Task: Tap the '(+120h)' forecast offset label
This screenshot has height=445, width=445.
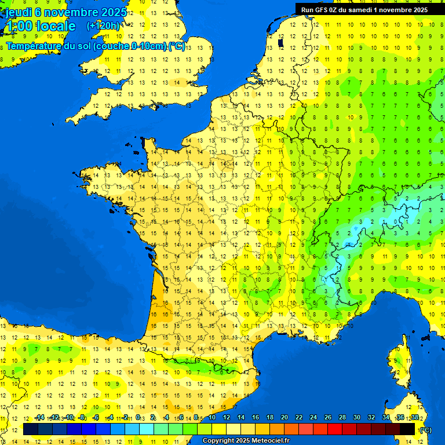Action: (x=103, y=25)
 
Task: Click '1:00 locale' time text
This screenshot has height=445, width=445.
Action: (x=41, y=26)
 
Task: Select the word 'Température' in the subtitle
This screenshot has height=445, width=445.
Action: (x=35, y=46)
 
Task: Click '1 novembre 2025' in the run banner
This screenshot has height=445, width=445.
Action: (x=399, y=9)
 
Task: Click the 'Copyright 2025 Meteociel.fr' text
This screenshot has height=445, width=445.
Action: (x=246, y=440)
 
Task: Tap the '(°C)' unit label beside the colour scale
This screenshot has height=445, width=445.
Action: (x=425, y=429)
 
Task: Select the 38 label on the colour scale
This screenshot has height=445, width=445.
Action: (x=415, y=417)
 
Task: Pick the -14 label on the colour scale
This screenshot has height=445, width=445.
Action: (x=39, y=417)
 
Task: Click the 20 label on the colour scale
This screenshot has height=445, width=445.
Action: (x=284, y=417)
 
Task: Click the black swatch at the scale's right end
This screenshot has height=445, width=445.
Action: (x=407, y=429)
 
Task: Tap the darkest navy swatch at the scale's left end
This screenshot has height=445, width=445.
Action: (x=31, y=429)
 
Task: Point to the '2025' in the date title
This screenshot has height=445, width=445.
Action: (x=114, y=12)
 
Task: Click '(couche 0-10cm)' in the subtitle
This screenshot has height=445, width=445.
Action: (x=130, y=46)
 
